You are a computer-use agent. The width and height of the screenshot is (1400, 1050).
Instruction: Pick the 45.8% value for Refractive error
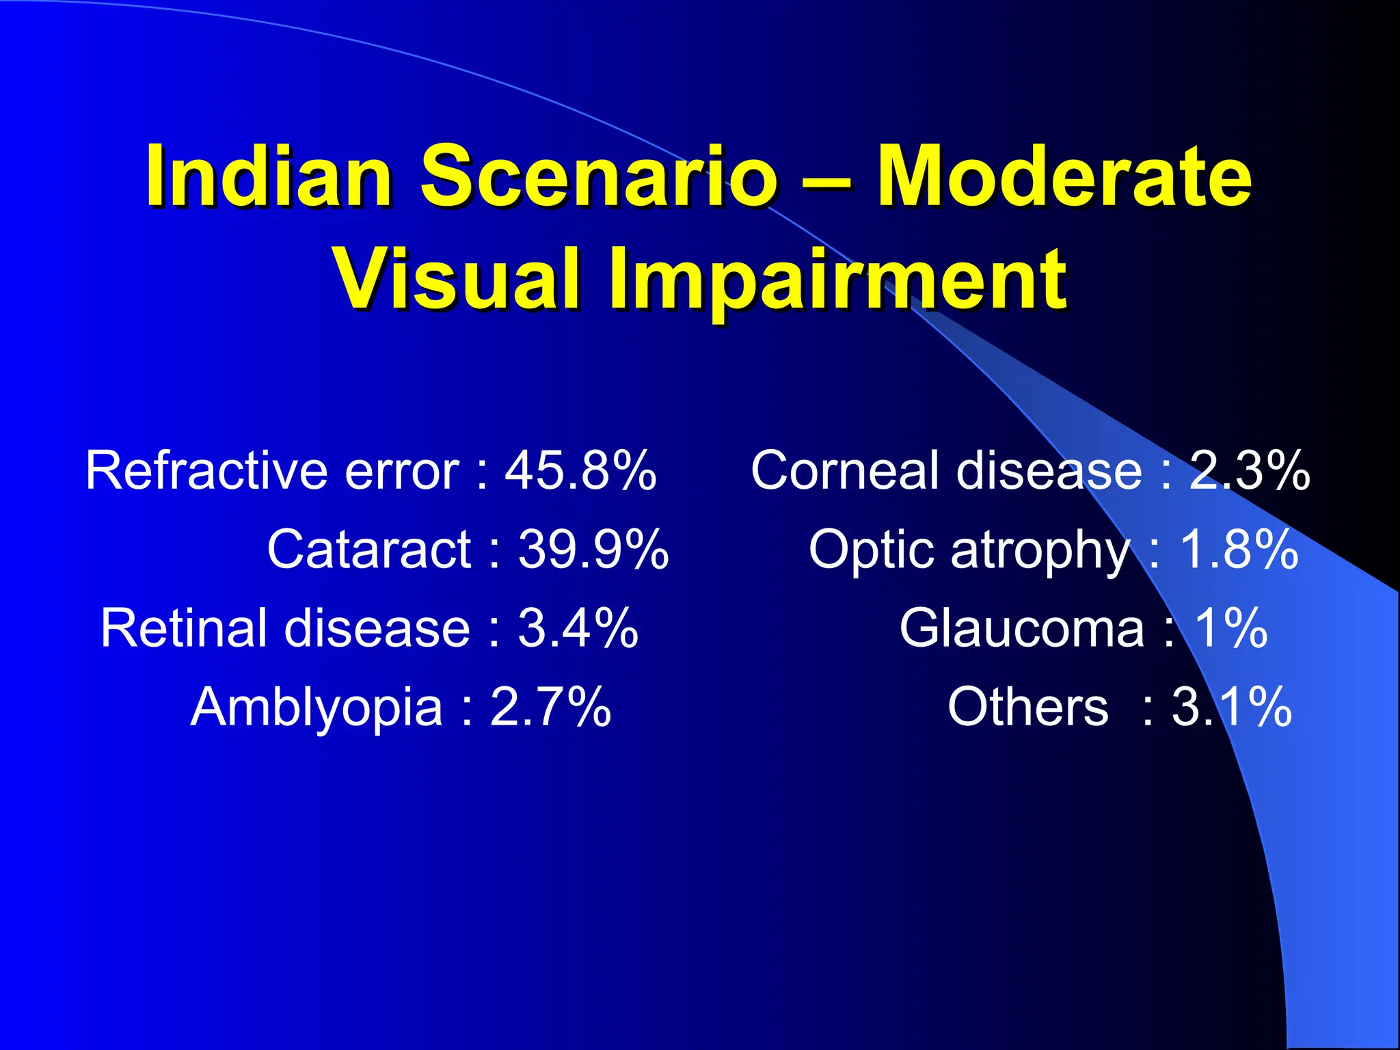[580, 471]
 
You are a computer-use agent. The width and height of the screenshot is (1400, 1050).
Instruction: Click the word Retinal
[183, 628]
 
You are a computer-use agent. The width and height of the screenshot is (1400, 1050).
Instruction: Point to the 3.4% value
[578, 628]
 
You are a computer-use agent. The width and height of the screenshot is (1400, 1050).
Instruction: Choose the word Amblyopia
[317, 708]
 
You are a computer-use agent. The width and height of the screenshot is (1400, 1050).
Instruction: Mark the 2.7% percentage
[550, 708]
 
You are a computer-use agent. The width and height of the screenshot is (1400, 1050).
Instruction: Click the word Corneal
[845, 471]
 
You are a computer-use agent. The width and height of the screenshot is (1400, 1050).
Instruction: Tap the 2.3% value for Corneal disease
[1249, 471]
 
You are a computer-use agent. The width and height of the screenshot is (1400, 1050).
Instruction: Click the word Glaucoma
[1021, 628]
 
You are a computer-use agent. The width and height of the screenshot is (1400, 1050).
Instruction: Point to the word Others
[1027, 708]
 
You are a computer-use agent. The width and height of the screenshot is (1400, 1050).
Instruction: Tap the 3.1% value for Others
[1231, 708]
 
